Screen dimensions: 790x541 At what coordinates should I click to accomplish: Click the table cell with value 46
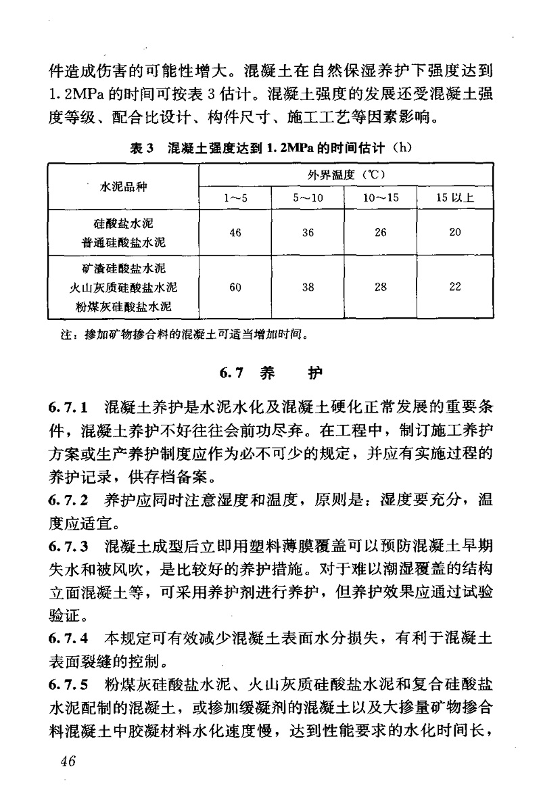pyautogui.click(x=235, y=233)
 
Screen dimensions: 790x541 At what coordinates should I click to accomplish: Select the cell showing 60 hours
pyautogui.click(x=235, y=287)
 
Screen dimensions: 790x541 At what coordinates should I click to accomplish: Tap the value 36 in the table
pyautogui.click(x=308, y=233)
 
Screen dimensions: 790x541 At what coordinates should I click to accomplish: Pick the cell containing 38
pyautogui.click(x=308, y=287)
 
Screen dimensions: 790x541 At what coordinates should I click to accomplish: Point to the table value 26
pyautogui.click(x=380, y=233)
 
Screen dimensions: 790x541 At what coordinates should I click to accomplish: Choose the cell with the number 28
pyautogui.click(x=380, y=287)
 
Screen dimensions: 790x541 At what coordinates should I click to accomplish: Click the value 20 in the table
pyautogui.click(x=454, y=233)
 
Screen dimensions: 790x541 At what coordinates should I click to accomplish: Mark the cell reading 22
pyautogui.click(x=454, y=287)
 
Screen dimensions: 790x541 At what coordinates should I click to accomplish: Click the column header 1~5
pyautogui.click(x=235, y=197)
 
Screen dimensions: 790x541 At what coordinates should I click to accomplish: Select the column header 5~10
pyautogui.click(x=308, y=197)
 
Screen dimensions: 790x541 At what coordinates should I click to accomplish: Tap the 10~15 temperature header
pyautogui.click(x=380, y=197)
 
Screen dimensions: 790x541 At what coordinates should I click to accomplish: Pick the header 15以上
pyautogui.click(x=454, y=197)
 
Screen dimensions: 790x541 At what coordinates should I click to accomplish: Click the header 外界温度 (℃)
pyautogui.click(x=345, y=175)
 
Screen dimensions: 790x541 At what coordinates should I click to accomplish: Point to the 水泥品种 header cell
pyautogui.click(x=123, y=186)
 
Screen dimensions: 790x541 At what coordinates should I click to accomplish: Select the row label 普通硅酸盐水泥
pyautogui.click(x=123, y=241)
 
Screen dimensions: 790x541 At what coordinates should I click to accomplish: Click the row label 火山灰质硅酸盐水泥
pyautogui.click(x=123, y=287)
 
